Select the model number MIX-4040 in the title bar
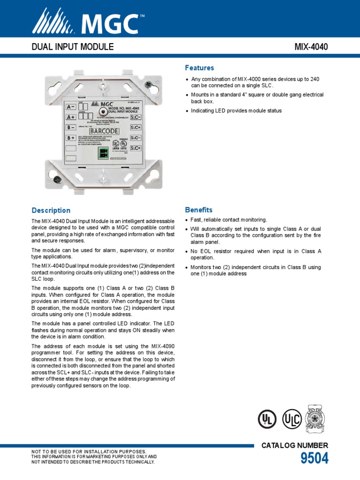point(311,47)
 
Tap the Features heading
point(199,68)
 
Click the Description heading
point(51,210)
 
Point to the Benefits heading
point(199,210)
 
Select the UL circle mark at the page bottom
point(266,419)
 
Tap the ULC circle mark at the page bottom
point(292,419)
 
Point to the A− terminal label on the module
point(70,107)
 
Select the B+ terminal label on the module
point(70,138)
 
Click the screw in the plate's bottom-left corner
point(57,180)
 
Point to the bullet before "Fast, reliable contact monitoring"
point(187,220)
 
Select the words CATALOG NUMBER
point(295,445)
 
